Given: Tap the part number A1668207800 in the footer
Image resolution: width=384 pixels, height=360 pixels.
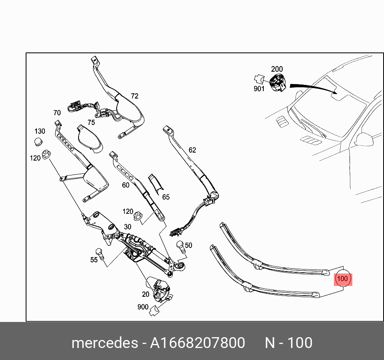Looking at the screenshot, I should tap(197, 343).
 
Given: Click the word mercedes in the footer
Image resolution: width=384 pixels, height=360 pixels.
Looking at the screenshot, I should tap(104, 343).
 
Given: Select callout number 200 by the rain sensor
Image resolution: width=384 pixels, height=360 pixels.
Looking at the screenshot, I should tap(277, 69).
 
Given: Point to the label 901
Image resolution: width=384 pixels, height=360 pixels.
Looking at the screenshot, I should tap(259, 88).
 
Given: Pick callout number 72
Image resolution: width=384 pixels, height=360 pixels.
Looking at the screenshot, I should tap(135, 96).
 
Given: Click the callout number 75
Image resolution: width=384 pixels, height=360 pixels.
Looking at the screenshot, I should tap(91, 123).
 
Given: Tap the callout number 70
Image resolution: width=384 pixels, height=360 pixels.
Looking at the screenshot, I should tap(57, 113).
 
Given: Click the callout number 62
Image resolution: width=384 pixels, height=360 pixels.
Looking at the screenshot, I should tap(192, 150).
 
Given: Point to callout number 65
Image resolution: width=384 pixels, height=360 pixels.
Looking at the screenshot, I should tap(166, 197).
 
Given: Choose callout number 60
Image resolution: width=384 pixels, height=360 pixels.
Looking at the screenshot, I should tap(125, 185).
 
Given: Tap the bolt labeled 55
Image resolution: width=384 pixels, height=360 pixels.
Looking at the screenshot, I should tap(101, 254).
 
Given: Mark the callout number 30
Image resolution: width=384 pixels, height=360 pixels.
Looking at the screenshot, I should tap(127, 227).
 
